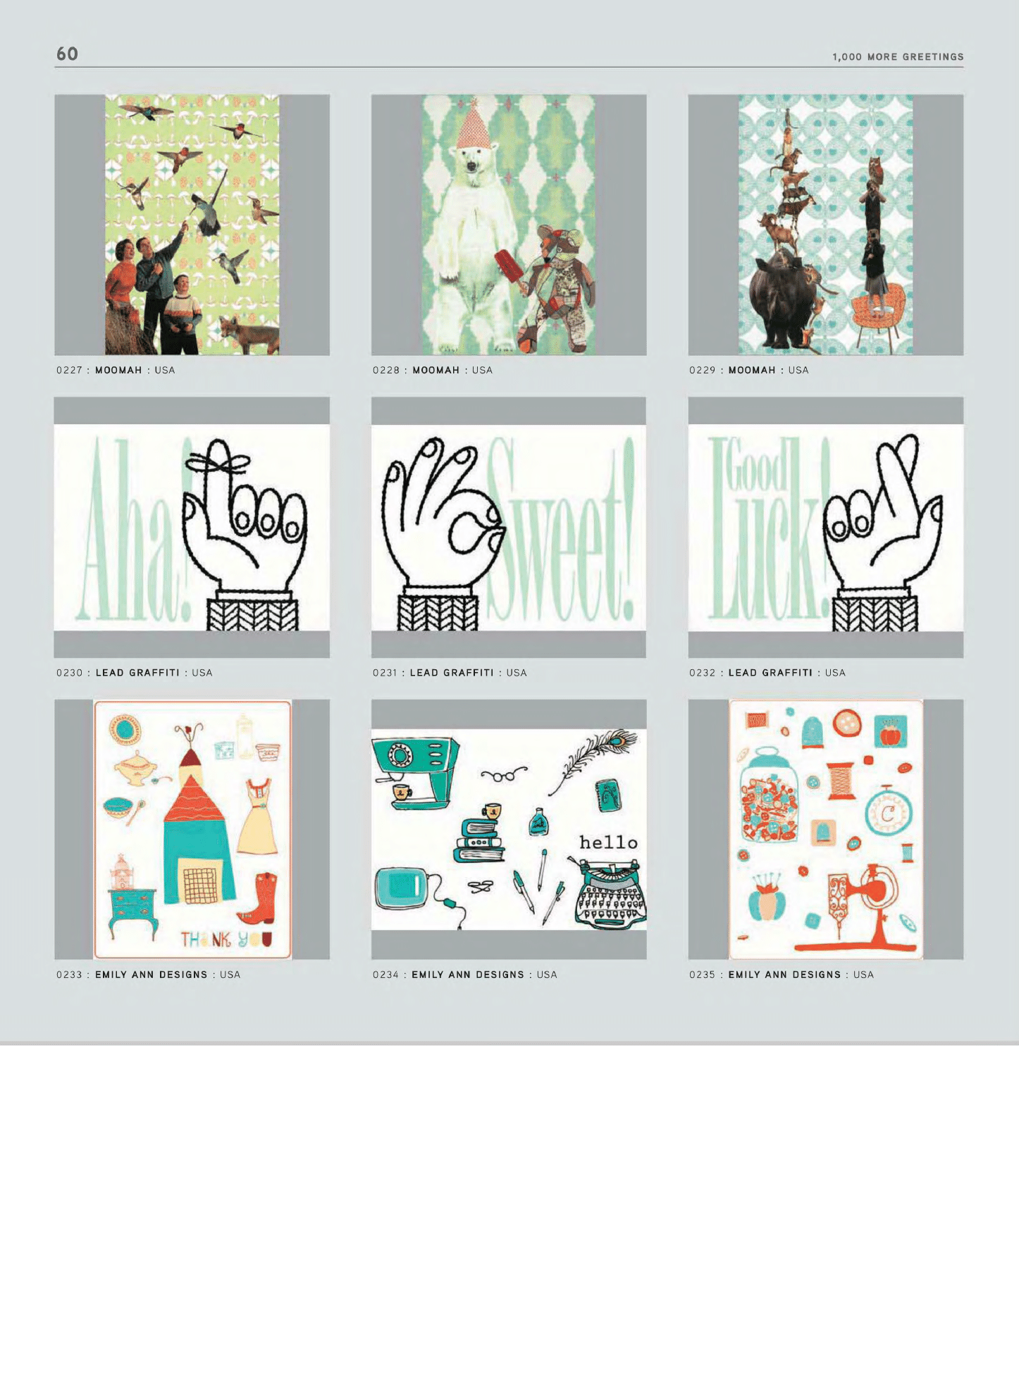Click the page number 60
tap(67, 54)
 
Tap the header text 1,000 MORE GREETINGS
tap(898, 57)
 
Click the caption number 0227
tap(69, 370)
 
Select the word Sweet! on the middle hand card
tap(562, 528)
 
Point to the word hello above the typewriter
tap(608, 842)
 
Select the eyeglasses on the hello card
tap(504, 775)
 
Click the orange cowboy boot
tap(257, 898)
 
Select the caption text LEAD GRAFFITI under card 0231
tap(452, 673)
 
